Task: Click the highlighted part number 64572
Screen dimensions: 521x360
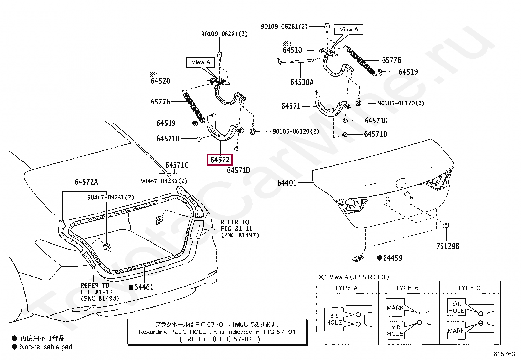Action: [220, 160]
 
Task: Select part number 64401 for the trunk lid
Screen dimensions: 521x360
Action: [287, 183]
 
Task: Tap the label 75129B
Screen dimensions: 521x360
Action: [448, 246]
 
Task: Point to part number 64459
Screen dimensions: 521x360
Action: [393, 258]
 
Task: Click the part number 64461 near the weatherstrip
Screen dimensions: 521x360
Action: [144, 287]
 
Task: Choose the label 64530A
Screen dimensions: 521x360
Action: [302, 82]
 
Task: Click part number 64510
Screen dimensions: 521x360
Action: [292, 50]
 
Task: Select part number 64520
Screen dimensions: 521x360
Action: [160, 81]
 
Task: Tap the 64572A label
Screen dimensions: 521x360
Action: [86, 182]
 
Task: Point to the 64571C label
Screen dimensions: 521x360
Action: [177, 165]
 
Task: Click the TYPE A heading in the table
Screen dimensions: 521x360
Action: [346, 288]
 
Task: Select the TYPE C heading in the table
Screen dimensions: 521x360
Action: [469, 288]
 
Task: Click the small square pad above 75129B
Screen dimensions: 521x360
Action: [446, 225]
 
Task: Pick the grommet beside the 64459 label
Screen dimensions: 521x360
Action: [358, 258]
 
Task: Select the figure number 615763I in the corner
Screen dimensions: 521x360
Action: [505, 354]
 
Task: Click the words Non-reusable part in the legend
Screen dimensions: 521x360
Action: [46, 347]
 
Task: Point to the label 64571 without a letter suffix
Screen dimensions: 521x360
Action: [291, 106]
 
